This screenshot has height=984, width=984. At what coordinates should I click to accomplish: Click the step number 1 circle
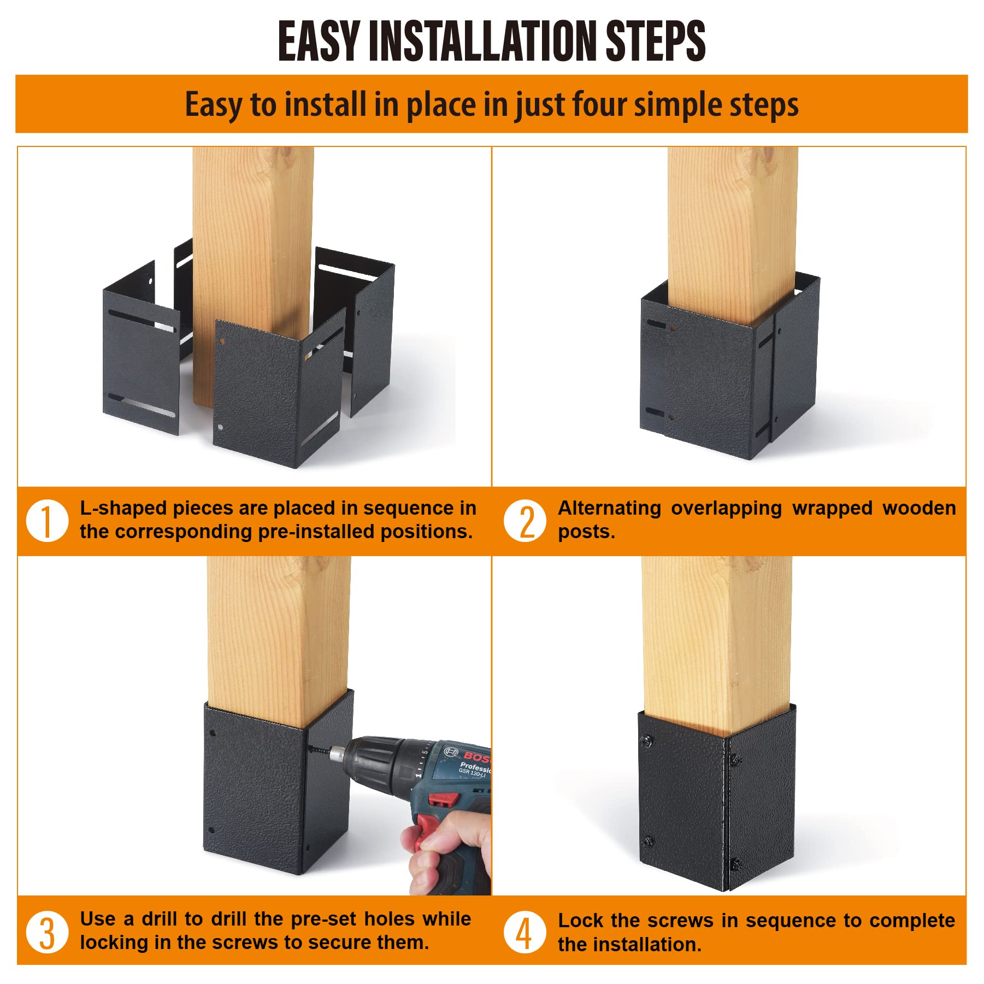pyautogui.click(x=48, y=520)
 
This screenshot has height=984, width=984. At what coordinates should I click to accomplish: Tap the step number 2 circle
pyautogui.click(x=525, y=520)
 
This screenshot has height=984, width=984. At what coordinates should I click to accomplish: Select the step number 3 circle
pyautogui.click(x=48, y=932)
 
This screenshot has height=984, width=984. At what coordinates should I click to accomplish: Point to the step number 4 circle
pyautogui.click(x=525, y=932)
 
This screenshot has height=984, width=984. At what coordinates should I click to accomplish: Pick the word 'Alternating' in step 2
pyautogui.click(x=609, y=509)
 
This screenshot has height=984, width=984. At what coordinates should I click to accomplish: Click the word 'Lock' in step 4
pyautogui.click(x=580, y=920)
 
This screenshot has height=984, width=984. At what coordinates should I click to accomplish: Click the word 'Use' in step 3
pyautogui.click(x=98, y=919)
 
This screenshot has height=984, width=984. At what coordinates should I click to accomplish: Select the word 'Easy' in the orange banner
pyautogui.click(x=214, y=105)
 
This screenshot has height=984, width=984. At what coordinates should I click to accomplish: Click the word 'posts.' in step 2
pyautogui.click(x=586, y=532)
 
